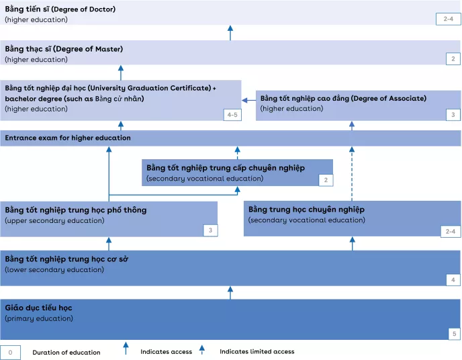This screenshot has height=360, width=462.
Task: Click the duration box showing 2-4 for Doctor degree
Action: [x=448, y=18]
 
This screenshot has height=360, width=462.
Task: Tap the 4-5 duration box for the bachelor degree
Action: [x=232, y=115]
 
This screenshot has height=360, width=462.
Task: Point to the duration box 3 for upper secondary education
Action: [x=210, y=230]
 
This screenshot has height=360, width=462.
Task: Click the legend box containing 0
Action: [x=10, y=352]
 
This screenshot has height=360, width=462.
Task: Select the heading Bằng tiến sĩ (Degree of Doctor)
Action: [x=60, y=9]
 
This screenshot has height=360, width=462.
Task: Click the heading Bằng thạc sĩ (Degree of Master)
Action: [x=64, y=49]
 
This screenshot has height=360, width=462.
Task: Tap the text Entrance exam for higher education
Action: [x=68, y=138]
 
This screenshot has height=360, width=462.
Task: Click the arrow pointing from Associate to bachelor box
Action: [x=248, y=101]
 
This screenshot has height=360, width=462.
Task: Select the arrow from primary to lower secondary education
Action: [x=230, y=292]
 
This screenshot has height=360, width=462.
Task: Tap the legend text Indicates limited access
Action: [x=257, y=351]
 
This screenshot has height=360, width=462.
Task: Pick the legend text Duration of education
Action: [x=66, y=352]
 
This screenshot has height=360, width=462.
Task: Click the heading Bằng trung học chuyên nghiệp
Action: [x=306, y=210]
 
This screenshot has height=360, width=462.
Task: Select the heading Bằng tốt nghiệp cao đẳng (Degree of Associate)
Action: [x=343, y=98]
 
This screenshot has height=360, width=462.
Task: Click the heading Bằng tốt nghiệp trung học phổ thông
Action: [x=75, y=210]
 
